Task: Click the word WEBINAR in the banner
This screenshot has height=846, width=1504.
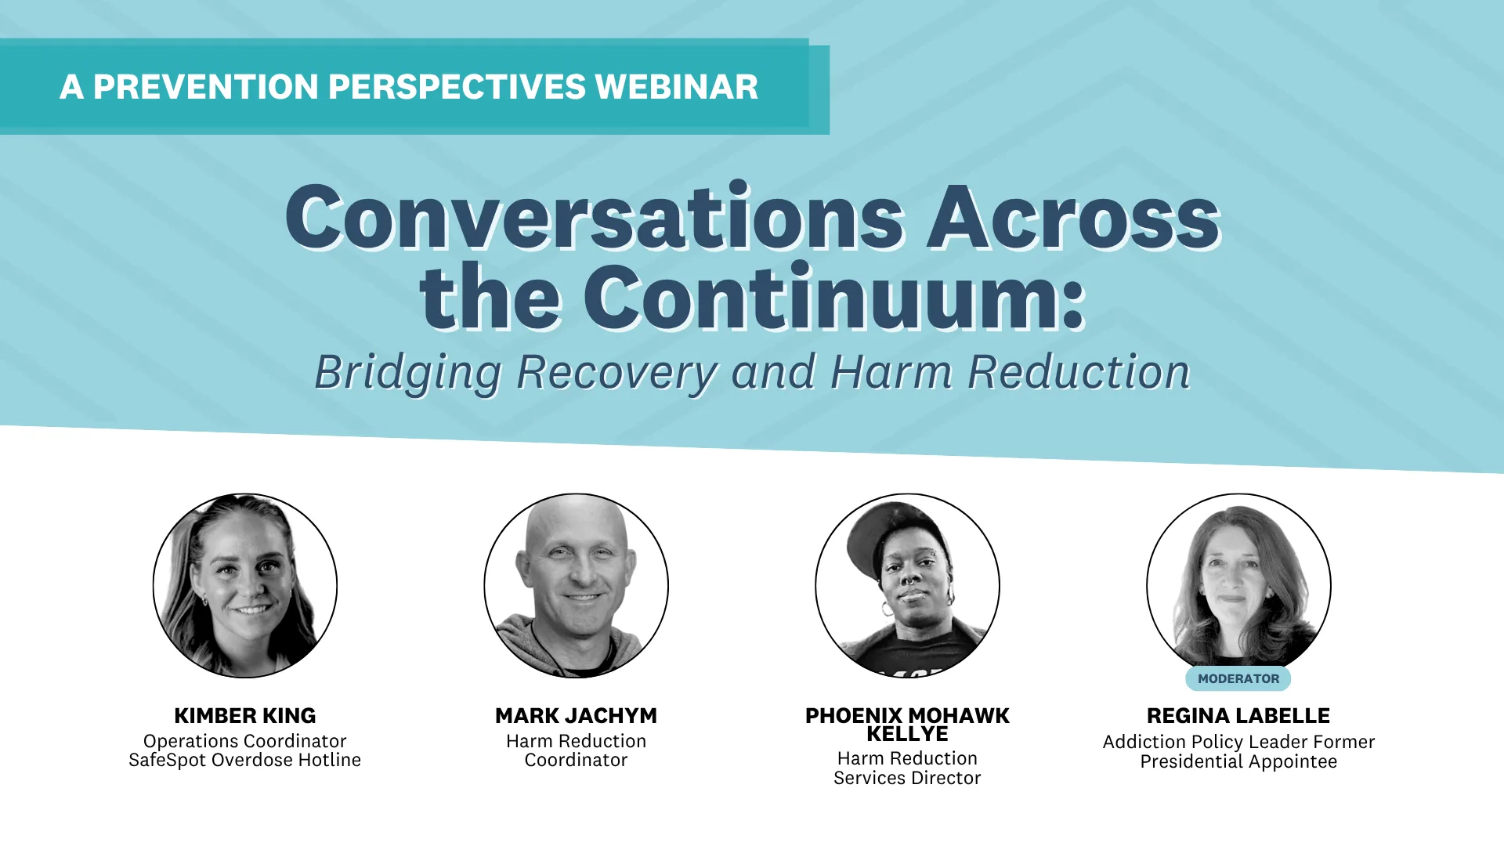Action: pos(676,87)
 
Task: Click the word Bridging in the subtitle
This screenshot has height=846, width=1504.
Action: pos(407,372)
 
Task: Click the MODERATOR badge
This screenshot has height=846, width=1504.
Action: pos(1238,678)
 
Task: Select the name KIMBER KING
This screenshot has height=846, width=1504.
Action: pos(244,715)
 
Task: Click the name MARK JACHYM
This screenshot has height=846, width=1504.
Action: pos(576,715)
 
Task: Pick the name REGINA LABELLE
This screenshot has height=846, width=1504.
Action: pos(1238,715)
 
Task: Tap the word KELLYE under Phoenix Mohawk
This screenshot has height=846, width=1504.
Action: pos(907,734)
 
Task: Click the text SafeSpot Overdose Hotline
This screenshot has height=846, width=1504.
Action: pos(244,760)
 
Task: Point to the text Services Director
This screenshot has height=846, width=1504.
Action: pos(907,778)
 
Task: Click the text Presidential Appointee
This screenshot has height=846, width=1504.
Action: pos(1238,761)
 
